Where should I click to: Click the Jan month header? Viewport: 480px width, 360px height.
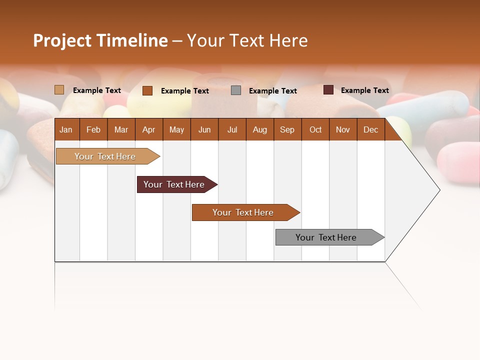pyautogui.click(x=66, y=130)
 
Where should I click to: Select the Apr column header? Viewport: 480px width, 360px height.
pyautogui.click(x=148, y=130)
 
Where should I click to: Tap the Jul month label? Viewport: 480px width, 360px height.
pyautogui.click(x=232, y=130)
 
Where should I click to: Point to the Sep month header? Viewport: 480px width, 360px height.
pyautogui.click(x=287, y=130)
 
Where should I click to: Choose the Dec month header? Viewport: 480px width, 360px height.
pyautogui.click(x=370, y=130)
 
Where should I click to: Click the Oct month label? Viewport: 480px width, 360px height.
pyautogui.click(x=315, y=130)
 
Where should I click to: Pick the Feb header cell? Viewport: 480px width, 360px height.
pyautogui.click(x=93, y=130)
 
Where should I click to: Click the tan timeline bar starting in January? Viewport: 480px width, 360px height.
pyautogui.click(x=105, y=156)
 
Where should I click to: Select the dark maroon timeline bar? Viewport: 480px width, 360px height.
pyautogui.click(x=174, y=184)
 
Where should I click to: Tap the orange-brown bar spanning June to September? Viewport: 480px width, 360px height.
pyautogui.click(x=243, y=212)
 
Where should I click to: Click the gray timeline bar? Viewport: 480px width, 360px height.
pyautogui.click(x=326, y=237)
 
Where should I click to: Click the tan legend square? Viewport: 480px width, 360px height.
pyautogui.click(x=59, y=90)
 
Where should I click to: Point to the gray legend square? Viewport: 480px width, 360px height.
pyautogui.click(x=236, y=90)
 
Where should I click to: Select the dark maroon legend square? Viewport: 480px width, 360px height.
pyautogui.click(x=328, y=90)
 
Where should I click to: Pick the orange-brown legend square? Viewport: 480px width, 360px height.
pyautogui.click(x=147, y=90)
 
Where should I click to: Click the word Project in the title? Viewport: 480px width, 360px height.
pyautogui.click(x=62, y=41)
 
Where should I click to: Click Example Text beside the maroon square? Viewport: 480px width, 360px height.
pyautogui.click(x=364, y=90)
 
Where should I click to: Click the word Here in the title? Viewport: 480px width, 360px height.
pyautogui.click(x=288, y=40)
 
